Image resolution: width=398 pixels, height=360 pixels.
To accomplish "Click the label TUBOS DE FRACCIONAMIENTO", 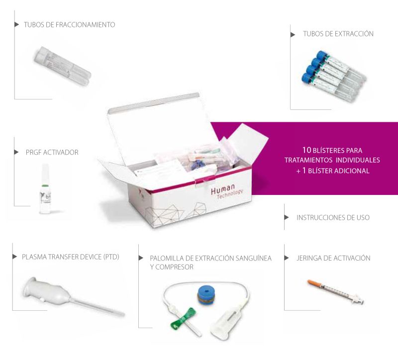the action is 69,24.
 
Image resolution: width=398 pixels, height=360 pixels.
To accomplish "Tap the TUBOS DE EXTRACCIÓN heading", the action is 338,34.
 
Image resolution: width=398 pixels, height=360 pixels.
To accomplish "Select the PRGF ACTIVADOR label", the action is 52,152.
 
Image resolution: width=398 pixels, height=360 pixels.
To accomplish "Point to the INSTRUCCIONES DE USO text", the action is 333,217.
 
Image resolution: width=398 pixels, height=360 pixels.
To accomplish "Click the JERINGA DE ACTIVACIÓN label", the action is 333,258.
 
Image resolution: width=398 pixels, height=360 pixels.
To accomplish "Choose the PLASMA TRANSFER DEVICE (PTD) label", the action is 71,257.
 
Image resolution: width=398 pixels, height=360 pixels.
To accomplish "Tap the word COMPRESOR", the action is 175,267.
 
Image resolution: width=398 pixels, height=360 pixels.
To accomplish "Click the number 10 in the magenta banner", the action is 306,150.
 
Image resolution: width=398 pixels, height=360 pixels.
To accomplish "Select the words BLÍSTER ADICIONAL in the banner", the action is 339,171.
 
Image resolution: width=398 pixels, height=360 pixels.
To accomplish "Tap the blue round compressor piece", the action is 206,295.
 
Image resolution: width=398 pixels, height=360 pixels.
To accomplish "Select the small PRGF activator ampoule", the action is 46,189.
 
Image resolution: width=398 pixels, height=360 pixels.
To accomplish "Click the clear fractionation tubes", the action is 63,65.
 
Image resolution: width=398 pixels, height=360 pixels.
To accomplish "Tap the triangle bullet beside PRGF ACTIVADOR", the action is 16,152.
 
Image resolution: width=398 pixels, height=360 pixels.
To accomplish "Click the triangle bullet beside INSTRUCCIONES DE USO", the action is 287,217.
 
